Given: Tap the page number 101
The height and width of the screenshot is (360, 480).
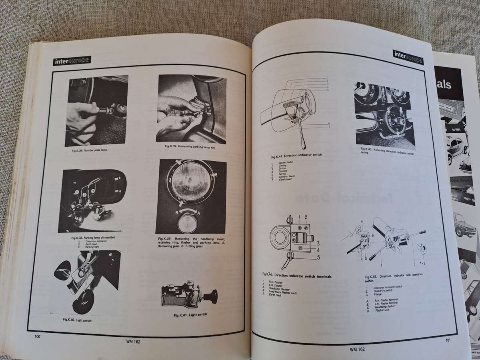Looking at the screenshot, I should point(448,341).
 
